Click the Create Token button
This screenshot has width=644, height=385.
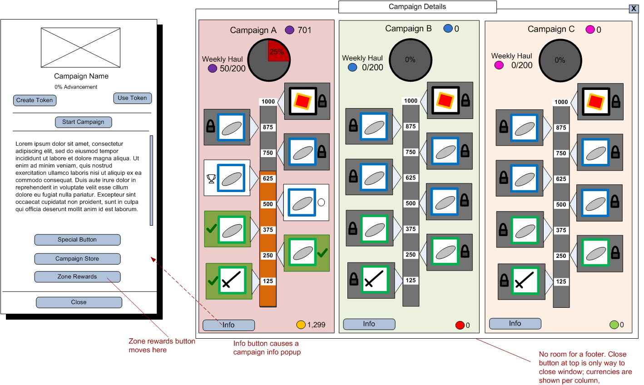point(35,100)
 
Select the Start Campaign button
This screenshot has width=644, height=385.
point(83,122)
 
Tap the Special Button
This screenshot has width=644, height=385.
point(77,240)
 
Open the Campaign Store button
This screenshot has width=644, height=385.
point(77,259)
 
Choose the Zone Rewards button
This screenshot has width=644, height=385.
point(77,276)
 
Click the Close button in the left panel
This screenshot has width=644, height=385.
point(79,302)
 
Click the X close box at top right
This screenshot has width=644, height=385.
point(634,9)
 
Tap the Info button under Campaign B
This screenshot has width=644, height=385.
point(369,324)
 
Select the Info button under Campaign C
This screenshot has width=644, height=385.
point(515,324)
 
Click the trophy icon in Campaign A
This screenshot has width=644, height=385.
point(211,178)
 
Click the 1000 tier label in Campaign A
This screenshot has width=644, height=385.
point(268,102)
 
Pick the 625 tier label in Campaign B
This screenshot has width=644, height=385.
point(411,178)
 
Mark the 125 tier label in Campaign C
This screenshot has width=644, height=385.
point(561,281)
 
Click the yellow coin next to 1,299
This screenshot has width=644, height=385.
point(301,325)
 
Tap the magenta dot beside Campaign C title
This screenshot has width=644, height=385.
point(590,30)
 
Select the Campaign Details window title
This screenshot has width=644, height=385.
point(417,7)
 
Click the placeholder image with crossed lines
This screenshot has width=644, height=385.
point(81,48)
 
